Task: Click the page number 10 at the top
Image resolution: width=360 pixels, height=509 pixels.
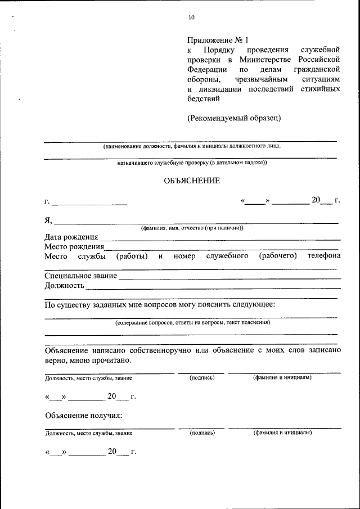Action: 191,17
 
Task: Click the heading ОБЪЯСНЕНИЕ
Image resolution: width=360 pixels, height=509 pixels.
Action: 191,181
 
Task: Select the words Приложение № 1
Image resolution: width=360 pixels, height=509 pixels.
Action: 217,40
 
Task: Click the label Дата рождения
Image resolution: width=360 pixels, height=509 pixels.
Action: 71,237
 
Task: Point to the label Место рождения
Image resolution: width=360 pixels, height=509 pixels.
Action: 74,246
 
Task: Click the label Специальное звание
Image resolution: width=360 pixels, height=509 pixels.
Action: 80,276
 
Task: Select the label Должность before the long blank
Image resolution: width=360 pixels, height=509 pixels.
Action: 64,286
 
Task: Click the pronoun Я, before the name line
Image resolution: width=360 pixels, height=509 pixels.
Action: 48,220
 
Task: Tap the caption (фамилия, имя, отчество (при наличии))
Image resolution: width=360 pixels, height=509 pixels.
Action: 192,228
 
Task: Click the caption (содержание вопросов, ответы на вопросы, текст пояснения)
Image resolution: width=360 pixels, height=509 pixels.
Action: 192,323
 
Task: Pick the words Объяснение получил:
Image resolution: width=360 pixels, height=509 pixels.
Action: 83,416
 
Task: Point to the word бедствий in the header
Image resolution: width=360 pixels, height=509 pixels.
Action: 203,98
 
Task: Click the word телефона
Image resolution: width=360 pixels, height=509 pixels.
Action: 323,256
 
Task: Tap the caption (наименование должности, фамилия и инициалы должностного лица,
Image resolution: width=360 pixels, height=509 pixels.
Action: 191,146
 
